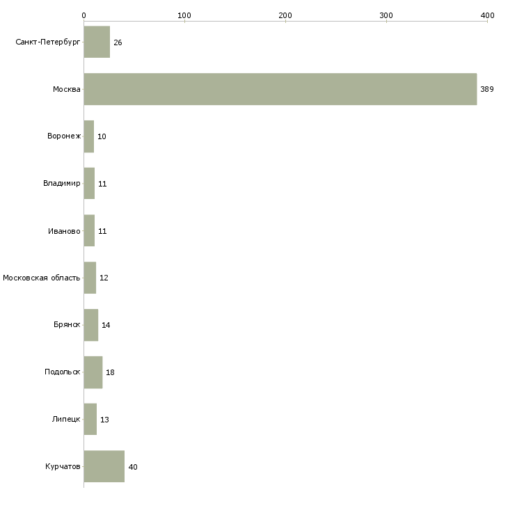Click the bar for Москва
tap(280, 89)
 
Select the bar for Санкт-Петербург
tap(97, 42)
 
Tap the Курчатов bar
tap(104, 466)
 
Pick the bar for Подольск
tap(93, 372)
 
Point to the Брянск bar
tap(90, 325)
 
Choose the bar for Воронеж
tap(88, 136)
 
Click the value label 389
tap(486, 89)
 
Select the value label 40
tap(133, 467)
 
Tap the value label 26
tap(118, 42)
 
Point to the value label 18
tap(110, 372)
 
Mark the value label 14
tap(106, 325)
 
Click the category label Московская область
tap(41, 278)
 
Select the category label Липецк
tap(66, 420)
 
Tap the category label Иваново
tap(63, 231)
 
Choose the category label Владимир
tap(61, 184)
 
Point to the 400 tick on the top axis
tap(487, 15)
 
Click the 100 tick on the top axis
tap(184, 15)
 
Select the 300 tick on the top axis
tap(386, 15)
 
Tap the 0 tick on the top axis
tap(84, 15)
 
